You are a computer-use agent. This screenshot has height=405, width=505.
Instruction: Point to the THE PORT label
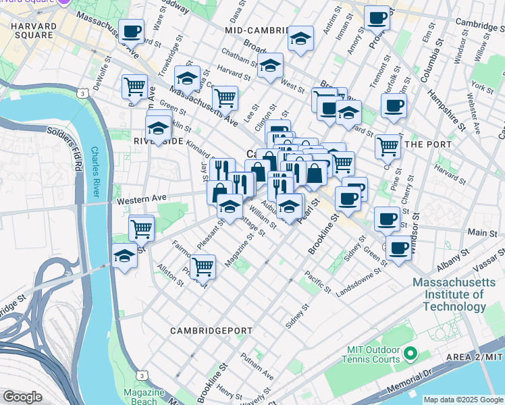click(423, 143)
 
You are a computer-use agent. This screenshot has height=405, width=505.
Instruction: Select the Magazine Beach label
click(144, 397)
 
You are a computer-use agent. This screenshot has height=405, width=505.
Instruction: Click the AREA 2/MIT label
click(475, 356)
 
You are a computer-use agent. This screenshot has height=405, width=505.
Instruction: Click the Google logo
click(22, 397)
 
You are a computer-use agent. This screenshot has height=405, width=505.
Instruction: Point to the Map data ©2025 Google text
click(463, 400)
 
